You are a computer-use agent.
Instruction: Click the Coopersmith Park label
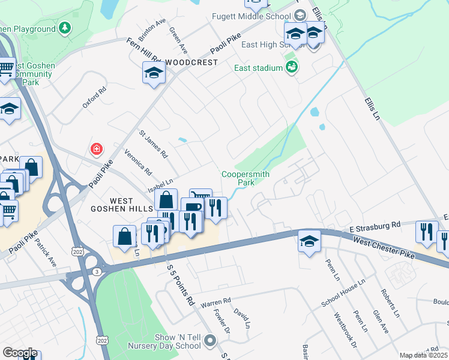coord(246,178)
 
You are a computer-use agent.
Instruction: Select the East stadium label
coord(258,68)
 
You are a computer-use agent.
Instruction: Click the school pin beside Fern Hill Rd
coord(154,73)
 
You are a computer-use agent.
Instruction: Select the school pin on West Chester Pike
coord(309,242)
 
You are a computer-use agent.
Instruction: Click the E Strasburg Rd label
coord(375,225)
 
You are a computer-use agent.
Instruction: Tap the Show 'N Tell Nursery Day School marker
coord(210,341)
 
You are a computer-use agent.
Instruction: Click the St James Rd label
coord(154,144)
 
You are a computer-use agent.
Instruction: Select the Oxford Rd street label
coord(94,98)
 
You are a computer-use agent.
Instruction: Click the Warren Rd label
coord(215,301)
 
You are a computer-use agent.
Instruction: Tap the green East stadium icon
coord(292,67)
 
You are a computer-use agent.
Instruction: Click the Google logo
coord(20,353)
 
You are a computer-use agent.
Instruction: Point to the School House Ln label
coord(343,293)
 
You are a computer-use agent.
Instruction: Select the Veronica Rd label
coord(137,162)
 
